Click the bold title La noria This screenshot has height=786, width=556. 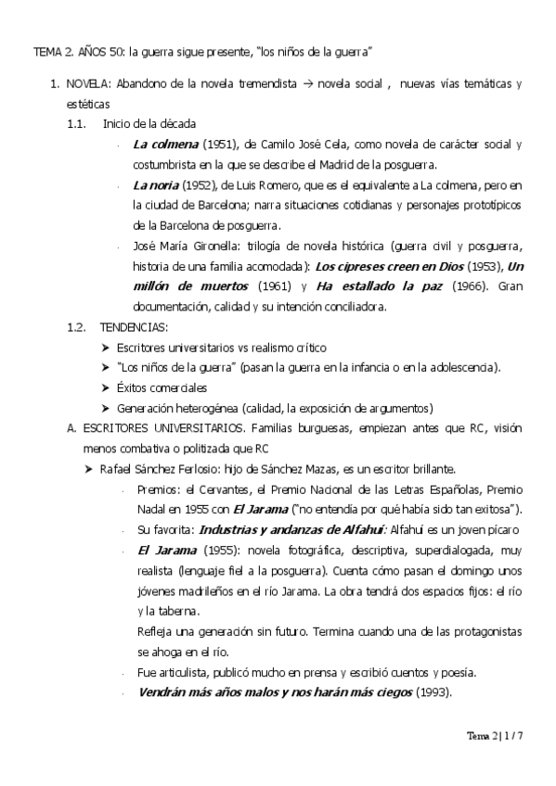(x=153, y=186)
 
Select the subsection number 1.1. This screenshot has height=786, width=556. (x=76, y=124)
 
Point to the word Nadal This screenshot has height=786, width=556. (x=151, y=509)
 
